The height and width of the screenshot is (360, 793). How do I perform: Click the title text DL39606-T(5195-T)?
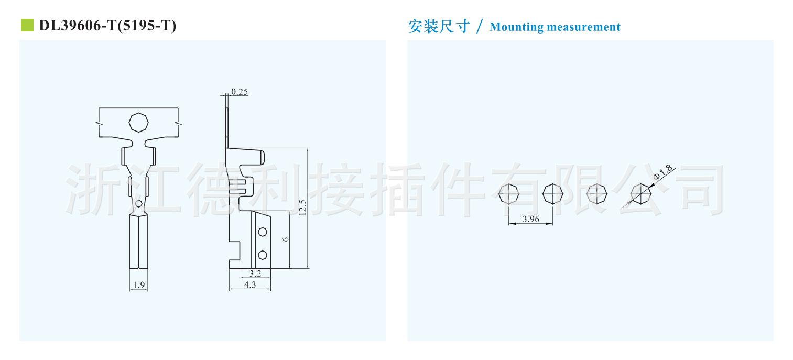click(107, 26)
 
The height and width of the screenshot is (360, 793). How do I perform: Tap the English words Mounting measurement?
click(555, 27)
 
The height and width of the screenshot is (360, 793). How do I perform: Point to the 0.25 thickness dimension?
click(240, 92)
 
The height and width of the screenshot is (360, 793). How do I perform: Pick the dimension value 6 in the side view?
click(285, 239)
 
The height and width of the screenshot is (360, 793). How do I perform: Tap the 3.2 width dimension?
click(255, 274)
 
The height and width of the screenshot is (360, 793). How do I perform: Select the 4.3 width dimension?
click(250, 285)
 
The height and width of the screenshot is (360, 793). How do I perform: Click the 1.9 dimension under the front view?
click(138, 286)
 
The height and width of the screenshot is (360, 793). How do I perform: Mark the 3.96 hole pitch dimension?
click(530, 220)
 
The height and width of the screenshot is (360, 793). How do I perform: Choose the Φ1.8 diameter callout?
click(663, 172)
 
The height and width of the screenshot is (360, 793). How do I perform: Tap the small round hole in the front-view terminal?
click(138, 203)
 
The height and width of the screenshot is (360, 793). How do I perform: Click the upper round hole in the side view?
click(263, 232)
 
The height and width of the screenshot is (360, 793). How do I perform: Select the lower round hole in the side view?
click(263, 255)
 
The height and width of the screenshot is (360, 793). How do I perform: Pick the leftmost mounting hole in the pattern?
click(509, 194)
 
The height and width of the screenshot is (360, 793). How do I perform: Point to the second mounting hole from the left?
click(552, 194)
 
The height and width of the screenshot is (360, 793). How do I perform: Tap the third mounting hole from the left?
click(596, 194)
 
